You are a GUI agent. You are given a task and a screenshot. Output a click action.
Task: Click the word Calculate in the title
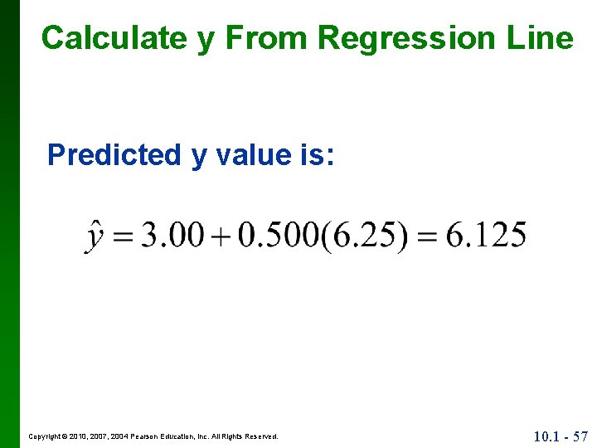[x=114, y=37]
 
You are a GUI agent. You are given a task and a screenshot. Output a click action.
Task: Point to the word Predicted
[x=114, y=154]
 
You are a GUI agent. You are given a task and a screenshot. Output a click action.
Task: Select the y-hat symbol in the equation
[x=95, y=236]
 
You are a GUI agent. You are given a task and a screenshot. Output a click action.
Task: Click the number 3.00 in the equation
[x=172, y=236]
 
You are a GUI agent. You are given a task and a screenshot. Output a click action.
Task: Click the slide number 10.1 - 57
[x=561, y=436]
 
